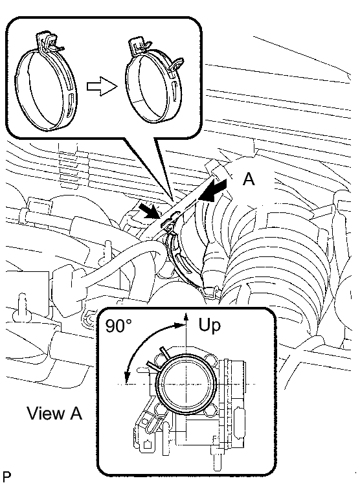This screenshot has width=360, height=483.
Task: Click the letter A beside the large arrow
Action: coord(249,179)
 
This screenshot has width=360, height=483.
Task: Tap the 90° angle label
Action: coord(118,326)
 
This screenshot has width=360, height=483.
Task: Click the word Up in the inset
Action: coord(210,326)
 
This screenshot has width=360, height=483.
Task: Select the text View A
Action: coord(55,413)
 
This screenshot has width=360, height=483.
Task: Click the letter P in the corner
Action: coord(6,476)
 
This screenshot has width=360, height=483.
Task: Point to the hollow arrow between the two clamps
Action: coord(102,87)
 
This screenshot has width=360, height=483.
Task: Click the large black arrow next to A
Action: coord(212,190)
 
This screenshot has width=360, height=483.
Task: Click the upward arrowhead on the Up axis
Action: coord(186,317)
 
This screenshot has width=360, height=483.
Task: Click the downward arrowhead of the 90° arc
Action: coord(126,377)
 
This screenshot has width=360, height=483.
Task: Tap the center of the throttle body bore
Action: coord(186,384)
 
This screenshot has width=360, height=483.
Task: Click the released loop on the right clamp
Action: coord(177,63)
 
